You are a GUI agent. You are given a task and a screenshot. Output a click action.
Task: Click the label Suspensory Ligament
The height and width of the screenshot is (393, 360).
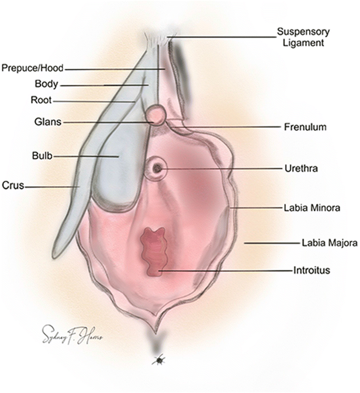pyautogui.click(x=303, y=37)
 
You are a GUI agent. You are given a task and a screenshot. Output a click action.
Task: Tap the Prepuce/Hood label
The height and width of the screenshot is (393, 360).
pyautogui.click(x=33, y=68)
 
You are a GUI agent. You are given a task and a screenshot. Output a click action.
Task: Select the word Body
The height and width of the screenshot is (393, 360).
pyautogui.click(x=46, y=85)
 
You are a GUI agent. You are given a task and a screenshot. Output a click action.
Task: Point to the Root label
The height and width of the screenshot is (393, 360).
pyautogui.click(x=41, y=100)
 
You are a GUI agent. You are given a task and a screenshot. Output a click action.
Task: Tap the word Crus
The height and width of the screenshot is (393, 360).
pyautogui.click(x=13, y=186)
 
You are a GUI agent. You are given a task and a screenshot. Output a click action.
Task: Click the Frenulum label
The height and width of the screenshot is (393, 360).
pyautogui.click(x=305, y=127)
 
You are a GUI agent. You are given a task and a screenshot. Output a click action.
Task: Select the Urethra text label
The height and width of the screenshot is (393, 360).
pyautogui.click(x=301, y=168)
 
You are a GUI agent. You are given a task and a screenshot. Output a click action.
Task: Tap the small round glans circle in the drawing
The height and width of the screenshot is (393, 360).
pyautogui.click(x=155, y=115)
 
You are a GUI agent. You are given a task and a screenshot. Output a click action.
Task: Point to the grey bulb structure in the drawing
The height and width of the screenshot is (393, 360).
pyautogui.click(x=117, y=173)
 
